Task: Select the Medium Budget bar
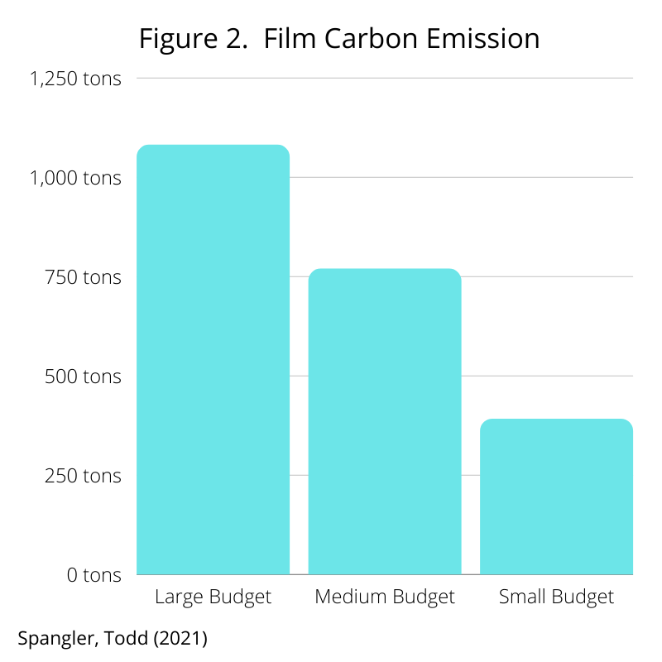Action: pyautogui.click(x=385, y=422)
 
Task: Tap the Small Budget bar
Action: pyautogui.click(x=556, y=496)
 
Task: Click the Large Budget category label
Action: pyautogui.click(x=213, y=597)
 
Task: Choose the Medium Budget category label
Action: pyautogui.click(x=385, y=597)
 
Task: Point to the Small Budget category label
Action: pyautogui.click(x=556, y=597)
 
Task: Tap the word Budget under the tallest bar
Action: pyautogui.click(x=239, y=597)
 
